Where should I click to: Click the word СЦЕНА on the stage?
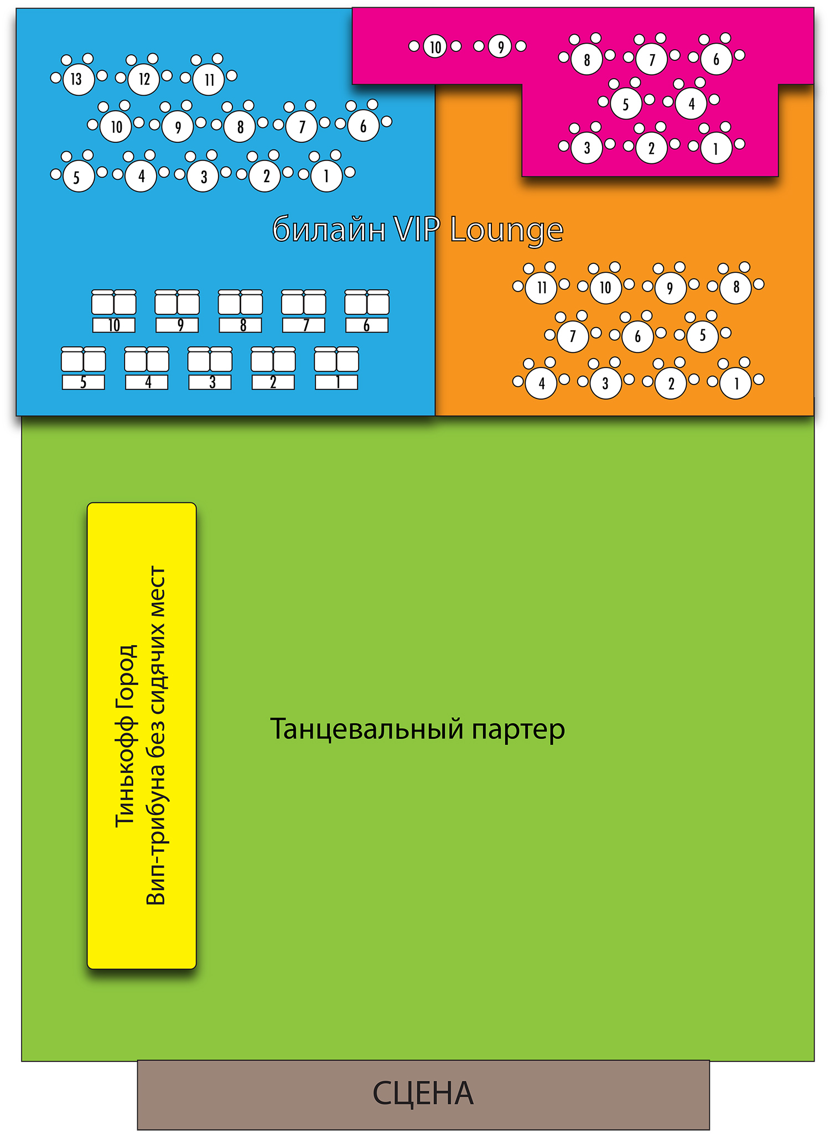point(423,1093)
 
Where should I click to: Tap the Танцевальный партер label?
point(417,729)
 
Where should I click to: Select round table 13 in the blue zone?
point(77,79)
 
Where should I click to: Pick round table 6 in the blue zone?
point(363,126)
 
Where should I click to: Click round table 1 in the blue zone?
point(326,176)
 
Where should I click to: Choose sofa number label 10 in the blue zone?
point(114,325)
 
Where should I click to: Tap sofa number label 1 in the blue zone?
point(336,382)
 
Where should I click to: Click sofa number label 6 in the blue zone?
point(367,325)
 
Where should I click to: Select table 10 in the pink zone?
point(435,47)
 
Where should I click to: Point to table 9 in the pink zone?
point(500,47)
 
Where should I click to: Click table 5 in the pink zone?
point(626,103)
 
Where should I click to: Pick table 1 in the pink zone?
point(716,148)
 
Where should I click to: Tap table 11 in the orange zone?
point(541,287)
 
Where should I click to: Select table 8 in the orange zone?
point(736,287)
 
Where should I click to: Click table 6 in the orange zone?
point(637,336)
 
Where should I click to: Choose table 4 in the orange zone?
point(541,383)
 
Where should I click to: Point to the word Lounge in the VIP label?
point(506,230)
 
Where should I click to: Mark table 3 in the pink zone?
point(587,148)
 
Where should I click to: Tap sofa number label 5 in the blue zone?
point(83,382)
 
